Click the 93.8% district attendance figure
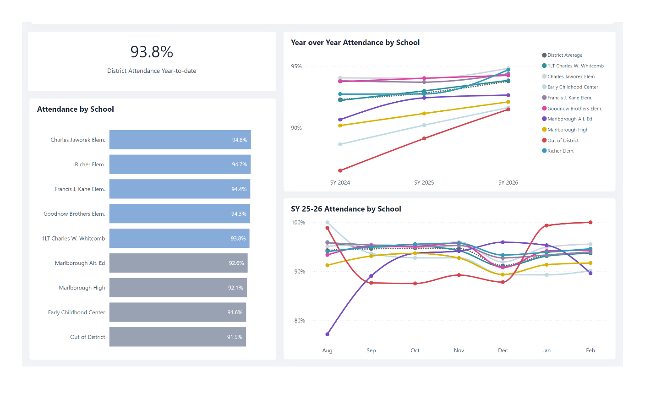coord(152,52)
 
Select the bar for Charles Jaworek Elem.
coord(180,140)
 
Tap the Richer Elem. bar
coord(180,164)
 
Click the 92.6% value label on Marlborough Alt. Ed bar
coord(236,263)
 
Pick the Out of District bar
coord(178,337)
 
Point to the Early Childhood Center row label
coord(77,312)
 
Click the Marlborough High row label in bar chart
coord(82,288)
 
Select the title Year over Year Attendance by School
coord(355,43)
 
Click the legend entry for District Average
coord(564,55)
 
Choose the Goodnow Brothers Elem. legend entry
coord(574,109)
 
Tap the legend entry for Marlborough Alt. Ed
coord(569,119)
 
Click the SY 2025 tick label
coord(424,182)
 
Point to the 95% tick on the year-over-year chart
coord(296,66)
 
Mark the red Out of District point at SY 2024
coord(340,170)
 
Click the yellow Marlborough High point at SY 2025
coord(424,114)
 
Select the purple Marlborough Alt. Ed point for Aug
coord(327,334)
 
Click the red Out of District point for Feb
coord(590,222)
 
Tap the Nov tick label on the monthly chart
coord(459,350)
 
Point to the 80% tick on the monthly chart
coord(300,321)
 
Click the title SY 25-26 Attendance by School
coord(346,209)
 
